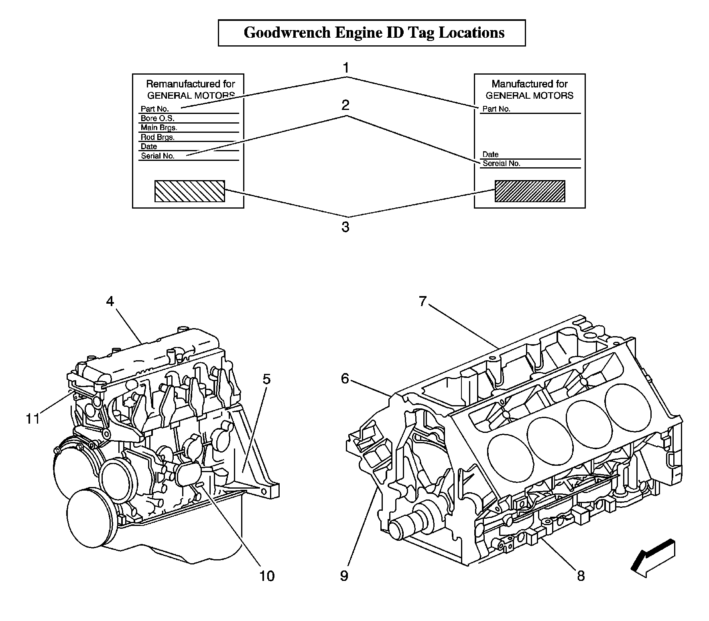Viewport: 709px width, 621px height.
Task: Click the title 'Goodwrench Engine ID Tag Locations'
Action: [x=374, y=32]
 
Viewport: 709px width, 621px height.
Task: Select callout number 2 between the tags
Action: [x=345, y=106]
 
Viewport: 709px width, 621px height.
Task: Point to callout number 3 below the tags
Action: [x=345, y=227]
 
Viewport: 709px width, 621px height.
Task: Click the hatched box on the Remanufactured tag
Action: [x=190, y=191]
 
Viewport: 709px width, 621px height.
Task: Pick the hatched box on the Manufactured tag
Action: [x=530, y=191]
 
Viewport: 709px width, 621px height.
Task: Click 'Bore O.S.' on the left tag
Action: [x=157, y=118]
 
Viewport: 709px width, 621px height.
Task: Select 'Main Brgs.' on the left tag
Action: [x=159, y=128]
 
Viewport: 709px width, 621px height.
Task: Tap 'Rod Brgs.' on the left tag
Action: [x=157, y=137]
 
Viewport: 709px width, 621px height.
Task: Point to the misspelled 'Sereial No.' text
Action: [x=501, y=163]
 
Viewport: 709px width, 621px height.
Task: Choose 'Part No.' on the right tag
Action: [x=496, y=109]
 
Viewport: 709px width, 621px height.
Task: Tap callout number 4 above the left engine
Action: [x=110, y=301]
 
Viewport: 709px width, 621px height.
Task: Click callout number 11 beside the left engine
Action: [x=33, y=419]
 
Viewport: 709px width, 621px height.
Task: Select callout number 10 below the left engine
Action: [x=267, y=576]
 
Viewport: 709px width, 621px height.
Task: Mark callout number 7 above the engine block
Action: [x=422, y=301]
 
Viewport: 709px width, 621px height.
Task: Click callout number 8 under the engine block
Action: [x=581, y=576]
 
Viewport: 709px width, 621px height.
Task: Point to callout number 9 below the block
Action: [x=344, y=576]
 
